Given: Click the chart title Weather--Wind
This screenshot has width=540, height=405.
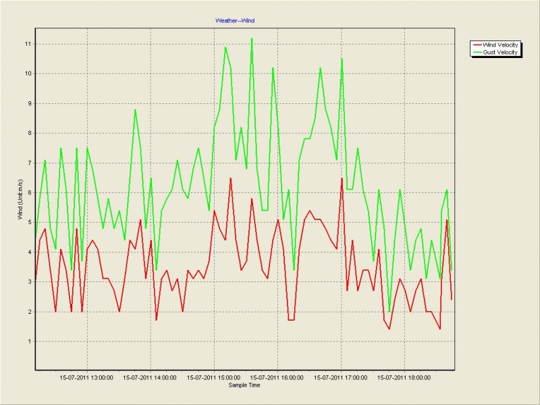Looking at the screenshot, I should click(x=234, y=21).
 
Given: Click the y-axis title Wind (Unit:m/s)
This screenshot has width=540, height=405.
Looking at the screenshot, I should click(x=20, y=199).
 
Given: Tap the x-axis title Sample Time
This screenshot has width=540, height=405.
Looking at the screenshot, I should click(x=244, y=385).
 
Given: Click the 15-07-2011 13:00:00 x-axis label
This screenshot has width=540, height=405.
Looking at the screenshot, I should click(x=87, y=378).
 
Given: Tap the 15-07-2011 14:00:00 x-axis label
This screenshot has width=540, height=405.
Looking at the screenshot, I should click(x=151, y=378).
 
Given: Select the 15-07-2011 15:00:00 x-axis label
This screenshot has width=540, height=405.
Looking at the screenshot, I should click(x=214, y=378).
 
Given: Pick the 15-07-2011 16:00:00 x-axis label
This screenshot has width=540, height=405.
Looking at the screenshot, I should click(x=277, y=378).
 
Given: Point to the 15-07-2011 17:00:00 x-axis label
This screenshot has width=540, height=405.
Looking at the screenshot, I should click(x=342, y=378).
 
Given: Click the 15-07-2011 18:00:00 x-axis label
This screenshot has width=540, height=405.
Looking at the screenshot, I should click(x=405, y=378).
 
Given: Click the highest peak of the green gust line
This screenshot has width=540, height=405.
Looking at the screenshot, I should click(x=252, y=38).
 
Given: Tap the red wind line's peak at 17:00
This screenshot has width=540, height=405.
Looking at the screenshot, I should click(x=342, y=178).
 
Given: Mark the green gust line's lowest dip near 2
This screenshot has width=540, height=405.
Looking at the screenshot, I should click(x=389, y=311).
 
